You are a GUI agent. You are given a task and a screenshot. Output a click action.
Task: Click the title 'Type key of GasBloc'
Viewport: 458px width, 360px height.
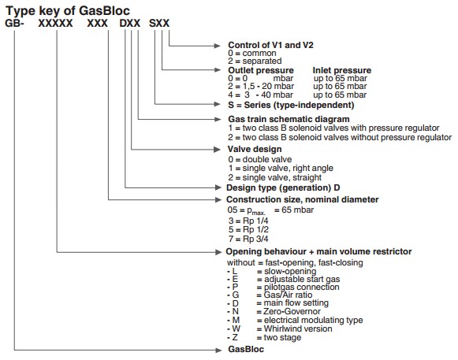tap(68, 11)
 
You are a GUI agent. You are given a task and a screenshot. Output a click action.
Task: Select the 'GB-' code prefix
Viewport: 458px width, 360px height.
tap(14, 24)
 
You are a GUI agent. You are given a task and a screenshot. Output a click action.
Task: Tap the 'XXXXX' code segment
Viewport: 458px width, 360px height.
tap(55, 24)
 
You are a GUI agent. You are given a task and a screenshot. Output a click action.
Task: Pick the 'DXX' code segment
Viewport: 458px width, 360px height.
tap(130, 24)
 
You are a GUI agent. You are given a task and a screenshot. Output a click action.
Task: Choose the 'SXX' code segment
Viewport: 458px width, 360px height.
tap(159, 24)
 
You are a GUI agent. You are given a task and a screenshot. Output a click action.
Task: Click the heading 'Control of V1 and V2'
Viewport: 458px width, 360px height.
tap(270, 45)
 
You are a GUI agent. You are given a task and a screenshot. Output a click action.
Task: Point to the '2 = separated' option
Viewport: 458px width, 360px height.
tap(255, 61)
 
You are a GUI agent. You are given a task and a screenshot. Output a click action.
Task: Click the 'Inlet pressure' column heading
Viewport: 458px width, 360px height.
tap(342, 70)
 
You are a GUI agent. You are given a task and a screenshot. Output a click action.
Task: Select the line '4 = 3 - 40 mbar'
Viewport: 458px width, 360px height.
tap(261, 95)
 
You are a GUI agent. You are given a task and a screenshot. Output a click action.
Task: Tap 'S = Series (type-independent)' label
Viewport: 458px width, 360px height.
tap(291, 105)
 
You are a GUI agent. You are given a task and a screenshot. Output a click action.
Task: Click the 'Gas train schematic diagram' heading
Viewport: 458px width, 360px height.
tap(289, 119)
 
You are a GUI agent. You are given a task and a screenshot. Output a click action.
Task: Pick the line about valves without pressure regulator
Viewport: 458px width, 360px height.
tap(341, 137)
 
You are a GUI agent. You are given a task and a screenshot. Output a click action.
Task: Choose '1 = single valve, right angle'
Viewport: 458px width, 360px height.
tap(281, 169)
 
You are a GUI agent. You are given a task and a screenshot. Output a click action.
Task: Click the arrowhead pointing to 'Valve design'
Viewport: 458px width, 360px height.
tap(217, 150)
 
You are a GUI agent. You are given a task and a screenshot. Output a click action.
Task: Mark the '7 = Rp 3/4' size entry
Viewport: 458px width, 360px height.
tap(248, 239)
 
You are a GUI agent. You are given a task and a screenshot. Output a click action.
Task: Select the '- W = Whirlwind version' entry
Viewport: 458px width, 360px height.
tap(280, 328)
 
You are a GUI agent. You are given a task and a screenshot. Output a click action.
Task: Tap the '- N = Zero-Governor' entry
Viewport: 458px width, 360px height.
tap(274, 311)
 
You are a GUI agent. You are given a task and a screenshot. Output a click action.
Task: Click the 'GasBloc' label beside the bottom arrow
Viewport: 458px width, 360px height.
tap(246, 349)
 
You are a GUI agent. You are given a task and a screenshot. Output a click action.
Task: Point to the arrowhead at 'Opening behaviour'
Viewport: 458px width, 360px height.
tap(218, 252)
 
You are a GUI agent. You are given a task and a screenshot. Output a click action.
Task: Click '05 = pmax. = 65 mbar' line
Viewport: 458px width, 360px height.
tap(270, 210)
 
